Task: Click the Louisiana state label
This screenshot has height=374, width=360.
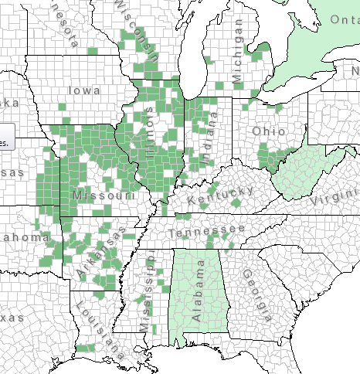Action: pos(100,328)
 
